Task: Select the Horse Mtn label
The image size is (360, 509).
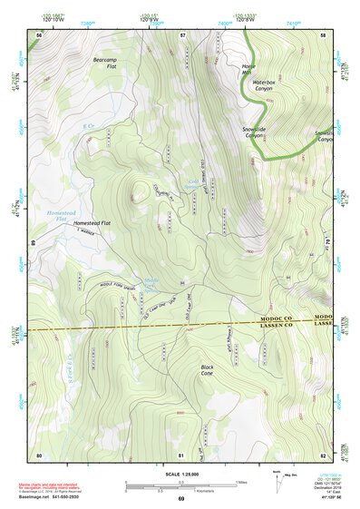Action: (249, 71)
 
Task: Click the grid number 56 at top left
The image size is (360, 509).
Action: (39, 34)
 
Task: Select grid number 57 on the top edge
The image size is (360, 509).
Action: (181, 34)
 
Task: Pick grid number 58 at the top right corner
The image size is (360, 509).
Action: (324, 34)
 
